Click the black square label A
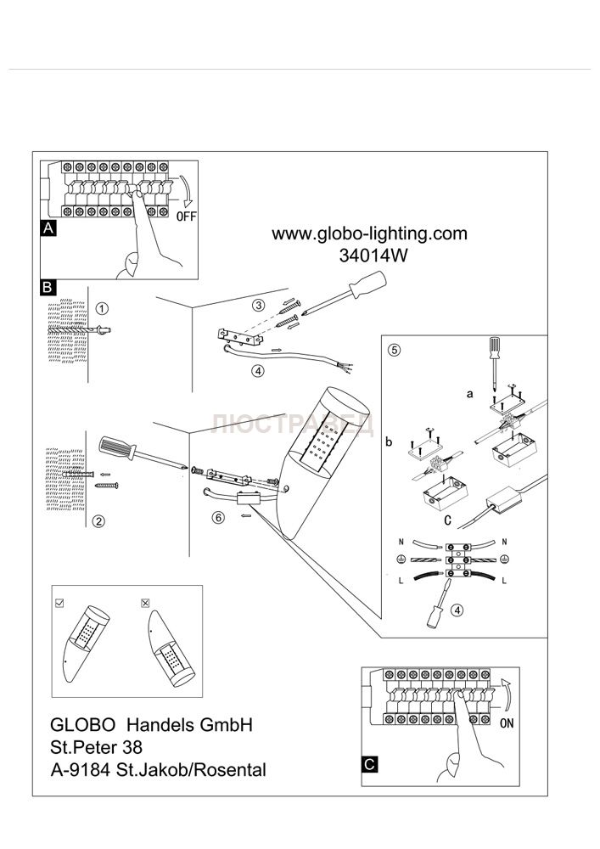pos(48,228)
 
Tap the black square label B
pos(48,287)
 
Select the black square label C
pos(369,764)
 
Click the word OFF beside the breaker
pos(186,216)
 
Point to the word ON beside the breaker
pos(507,724)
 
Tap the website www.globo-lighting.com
pos(369,233)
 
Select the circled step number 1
pos(102,308)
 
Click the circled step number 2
pos(99,521)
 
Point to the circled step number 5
pos(394,349)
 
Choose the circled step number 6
pos(218,519)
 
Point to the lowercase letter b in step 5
pos(390,441)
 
